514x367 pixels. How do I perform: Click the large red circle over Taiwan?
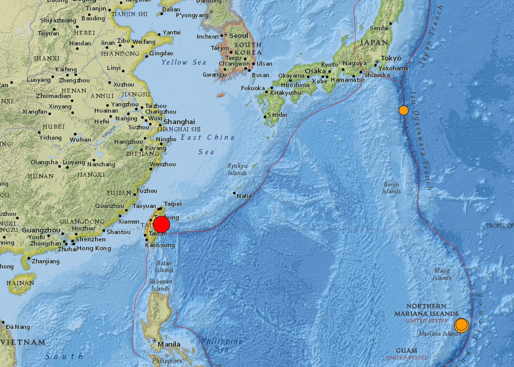pyautogui.click(x=161, y=225)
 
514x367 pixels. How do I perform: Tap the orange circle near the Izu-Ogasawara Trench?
pyautogui.click(x=403, y=110)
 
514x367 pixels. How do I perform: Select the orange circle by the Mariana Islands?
pyautogui.click(x=461, y=325)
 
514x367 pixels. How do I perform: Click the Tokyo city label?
pyautogui.click(x=391, y=58)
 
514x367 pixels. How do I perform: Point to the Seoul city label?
pyautogui.click(x=239, y=36)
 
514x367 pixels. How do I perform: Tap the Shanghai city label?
pyautogui.click(x=179, y=121)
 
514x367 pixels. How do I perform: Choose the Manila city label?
pyautogui.click(x=169, y=344)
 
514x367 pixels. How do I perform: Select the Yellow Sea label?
pyautogui.click(x=184, y=62)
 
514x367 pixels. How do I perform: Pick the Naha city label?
pyautogui.click(x=245, y=196)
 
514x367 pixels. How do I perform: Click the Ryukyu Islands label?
pyautogui.click(x=237, y=169)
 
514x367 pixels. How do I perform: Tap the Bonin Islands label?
pyautogui.click(x=391, y=188)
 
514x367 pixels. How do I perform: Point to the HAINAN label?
pyautogui.click(x=20, y=283)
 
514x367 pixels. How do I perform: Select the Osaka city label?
pyautogui.click(x=315, y=71)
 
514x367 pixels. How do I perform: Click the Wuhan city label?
pyautogui.click(x=81, y=139)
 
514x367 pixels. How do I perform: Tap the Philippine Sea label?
pyautogui.click(x=222, y=345)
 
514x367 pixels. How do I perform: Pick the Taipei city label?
pyautogui.click(x=173, y=204)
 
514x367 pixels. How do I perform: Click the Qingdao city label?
pyautogui.click(x=161, y=54)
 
